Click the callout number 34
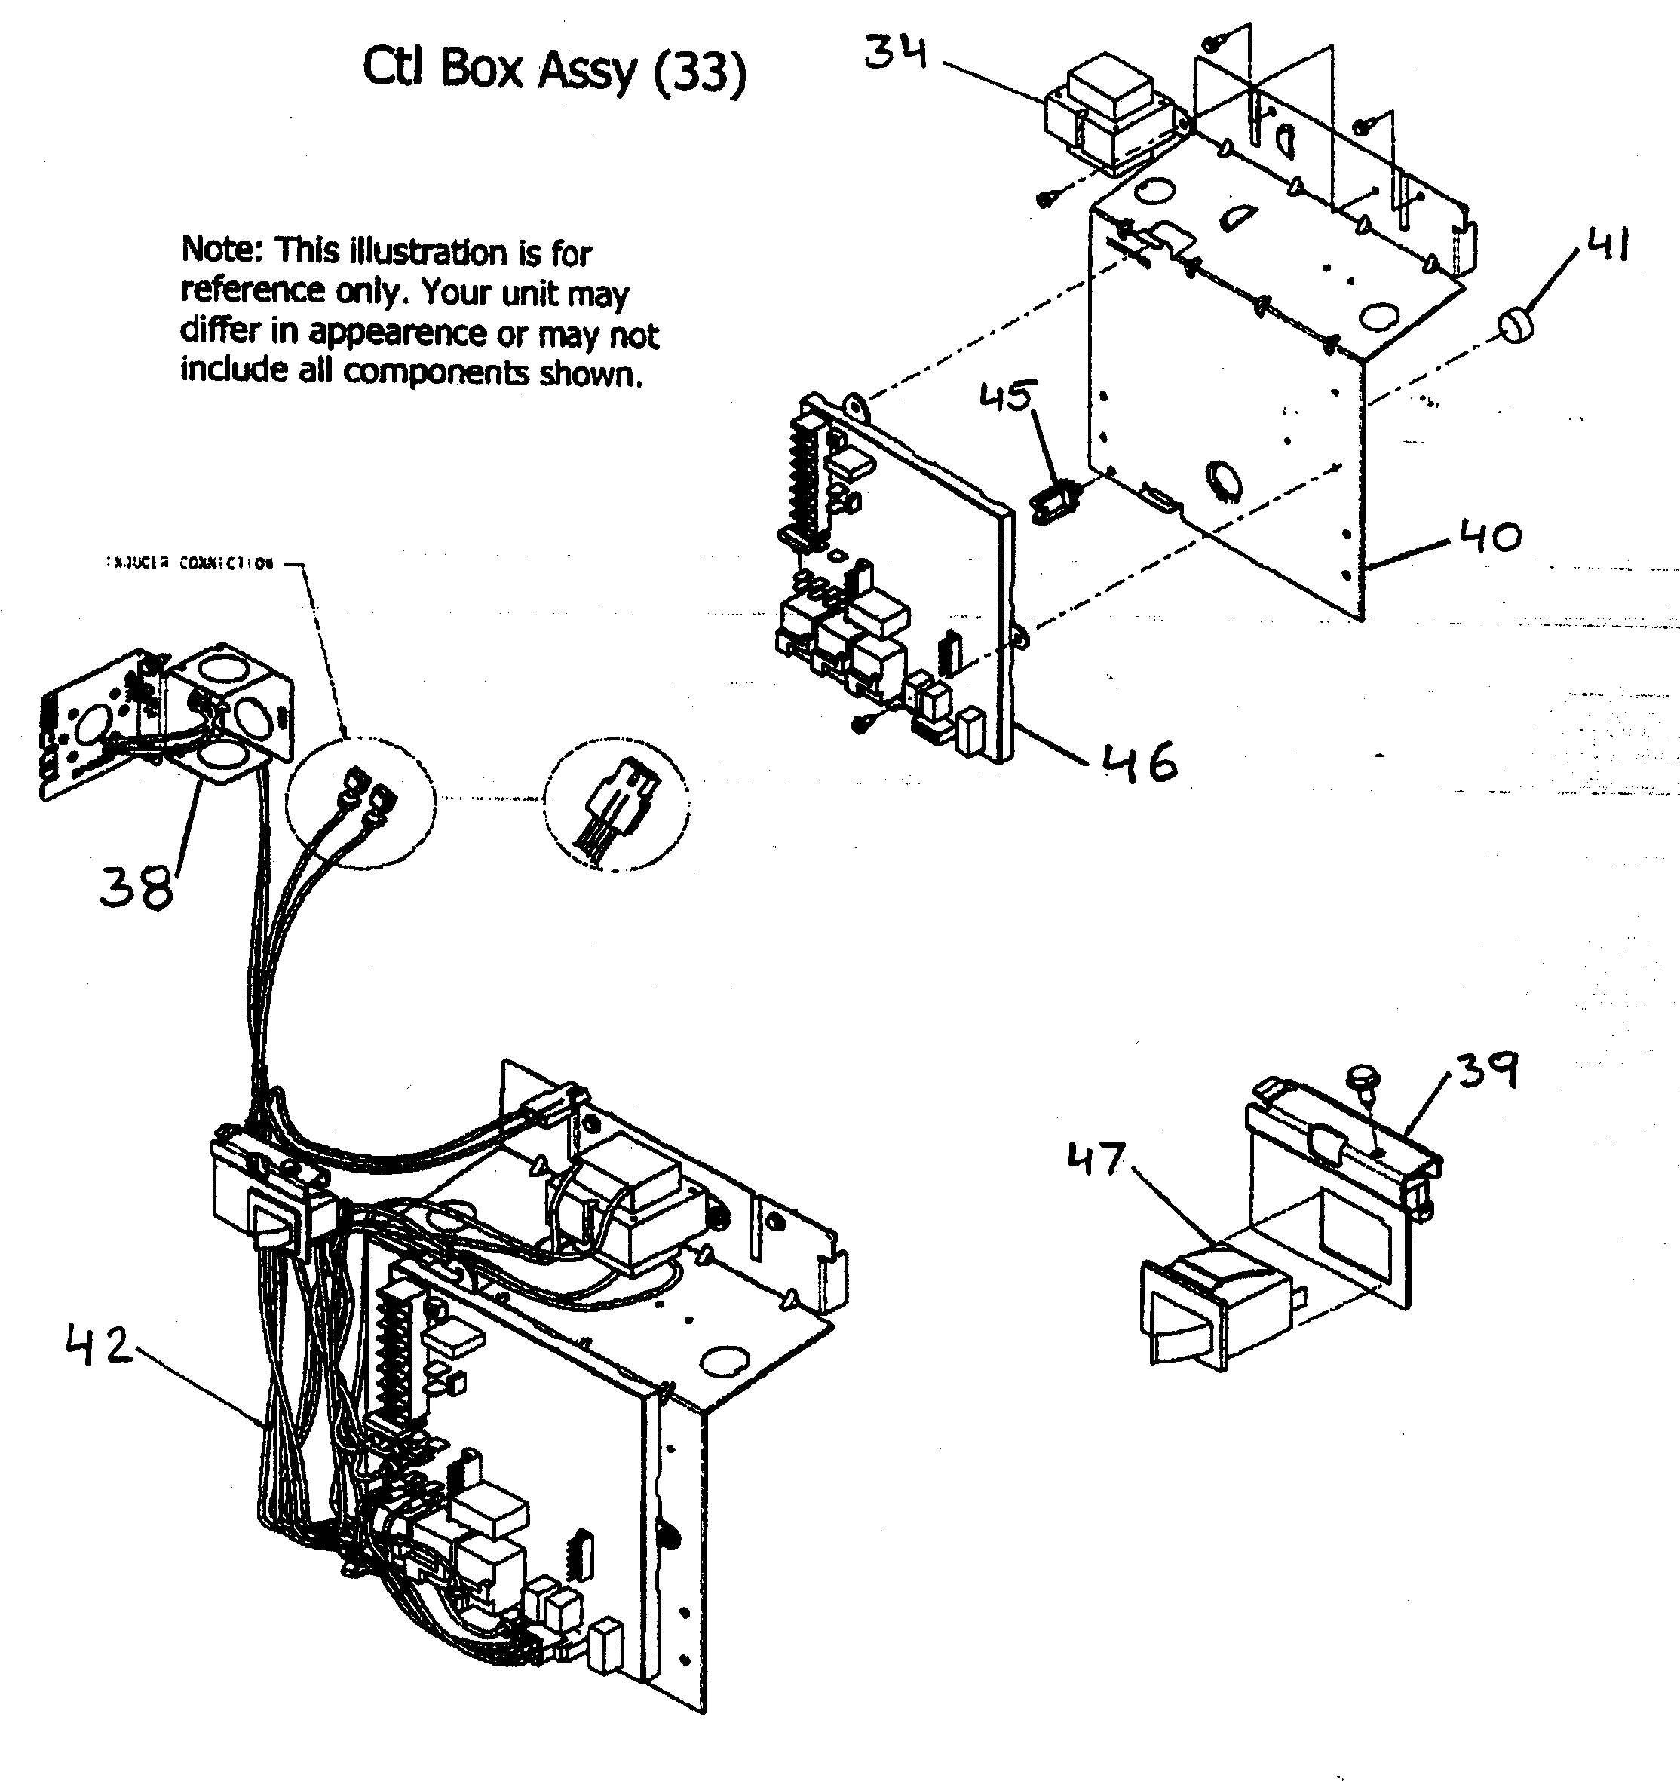pos(895,53)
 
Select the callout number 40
pos(1490,537)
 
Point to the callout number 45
pos(1008,396)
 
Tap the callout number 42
pos(99,1346)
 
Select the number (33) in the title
pos(699,72)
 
